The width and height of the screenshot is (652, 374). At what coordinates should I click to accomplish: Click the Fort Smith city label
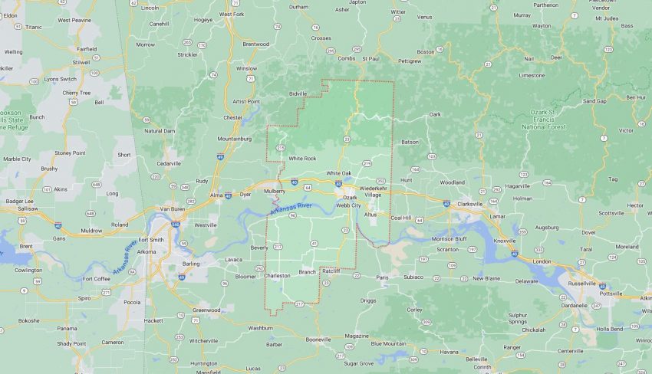tap(147, 239)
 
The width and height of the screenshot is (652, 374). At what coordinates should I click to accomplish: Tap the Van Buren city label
tap(173, 208)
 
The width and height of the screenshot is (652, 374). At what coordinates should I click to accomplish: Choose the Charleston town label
tap(277, 275)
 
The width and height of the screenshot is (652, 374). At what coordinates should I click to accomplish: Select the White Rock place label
tap(301, 158)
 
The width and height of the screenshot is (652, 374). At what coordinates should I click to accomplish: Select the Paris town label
tap(383, 277)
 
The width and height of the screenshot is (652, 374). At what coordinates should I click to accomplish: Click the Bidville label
tap(298, 93)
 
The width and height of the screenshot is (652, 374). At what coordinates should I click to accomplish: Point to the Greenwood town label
tap(206, 310)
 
